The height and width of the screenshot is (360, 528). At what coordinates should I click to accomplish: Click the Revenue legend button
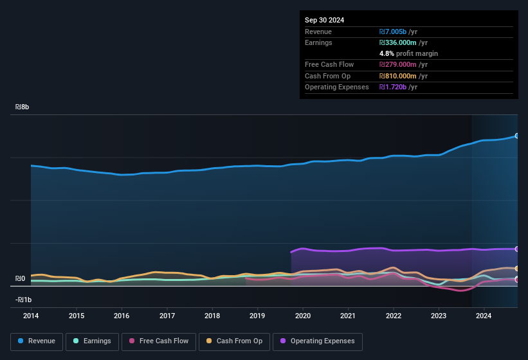click(37, 341)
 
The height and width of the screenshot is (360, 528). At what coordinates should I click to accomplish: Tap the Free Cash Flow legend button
click(158, 341)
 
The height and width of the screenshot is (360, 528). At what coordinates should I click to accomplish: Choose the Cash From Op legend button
click(235, 341)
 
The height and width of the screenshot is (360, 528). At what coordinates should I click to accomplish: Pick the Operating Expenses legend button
click(317, 341)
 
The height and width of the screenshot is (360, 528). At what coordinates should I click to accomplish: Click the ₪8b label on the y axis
click(23, 107)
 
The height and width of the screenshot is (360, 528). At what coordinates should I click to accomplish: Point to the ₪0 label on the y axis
click(20, 279)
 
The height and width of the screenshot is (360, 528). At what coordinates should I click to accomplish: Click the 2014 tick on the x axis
click(31, 316)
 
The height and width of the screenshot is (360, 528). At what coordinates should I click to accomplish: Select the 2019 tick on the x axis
click(257, 316)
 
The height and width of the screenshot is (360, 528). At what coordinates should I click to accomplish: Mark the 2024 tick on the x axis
click(484, 316)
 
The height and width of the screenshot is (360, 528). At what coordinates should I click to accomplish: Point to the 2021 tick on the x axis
click(348, 316)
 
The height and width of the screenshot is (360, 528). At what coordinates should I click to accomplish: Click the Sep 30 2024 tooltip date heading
click(325, 20)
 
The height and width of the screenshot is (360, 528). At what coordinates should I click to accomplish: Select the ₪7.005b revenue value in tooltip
click(398, 32)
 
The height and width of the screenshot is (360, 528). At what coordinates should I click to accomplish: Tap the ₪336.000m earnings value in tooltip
click(403, 42)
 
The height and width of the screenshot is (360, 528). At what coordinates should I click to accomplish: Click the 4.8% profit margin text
click(408, 53)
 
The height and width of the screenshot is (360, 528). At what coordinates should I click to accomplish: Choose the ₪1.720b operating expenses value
click(398, 87)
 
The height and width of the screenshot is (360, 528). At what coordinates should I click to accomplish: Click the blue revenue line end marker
click(516, 136)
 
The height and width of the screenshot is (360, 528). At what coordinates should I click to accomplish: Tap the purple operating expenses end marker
click(516, 249)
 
